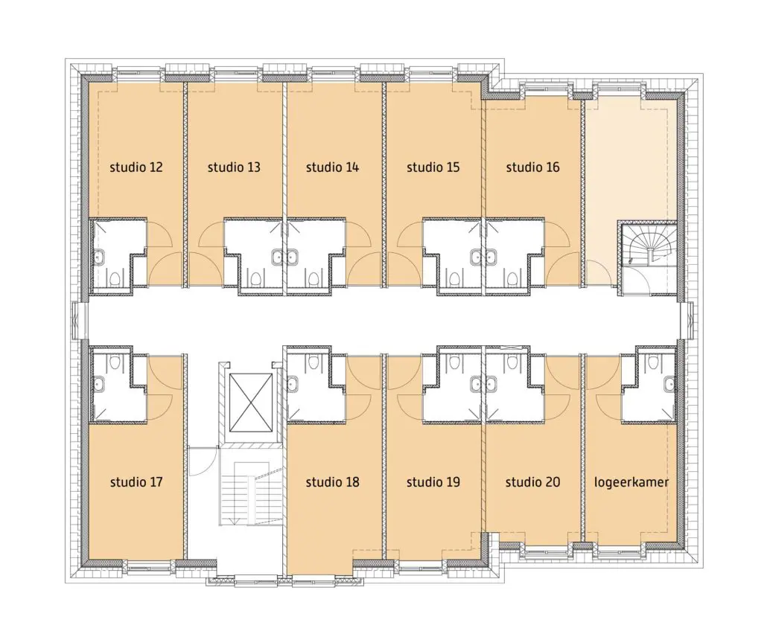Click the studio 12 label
(136, 167)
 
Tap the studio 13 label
(234, 167)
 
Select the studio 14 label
(333, 167)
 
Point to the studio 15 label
(433, 167)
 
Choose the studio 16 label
(532, 167)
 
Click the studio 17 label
(136, 482)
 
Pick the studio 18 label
(333, 482)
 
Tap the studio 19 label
(433, 482)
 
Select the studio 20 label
(532, 482)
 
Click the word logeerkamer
(631, 482)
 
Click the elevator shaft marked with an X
(250, 403)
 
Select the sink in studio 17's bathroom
(98, 384)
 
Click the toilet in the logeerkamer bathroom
(653, 362)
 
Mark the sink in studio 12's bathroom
(98, 257)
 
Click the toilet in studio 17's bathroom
(115, 362)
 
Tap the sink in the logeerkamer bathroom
(669, 384)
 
